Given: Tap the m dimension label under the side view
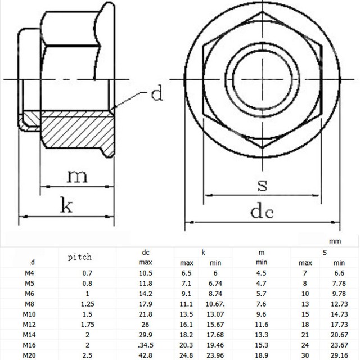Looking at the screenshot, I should click(x=77, y=176).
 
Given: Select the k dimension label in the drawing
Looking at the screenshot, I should click(x=66, y=205).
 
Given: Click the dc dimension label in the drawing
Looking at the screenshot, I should click(x=262, y=211).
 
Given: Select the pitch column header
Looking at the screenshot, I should click(x=80, y=257).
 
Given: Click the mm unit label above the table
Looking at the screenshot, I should click(x=336, y=241).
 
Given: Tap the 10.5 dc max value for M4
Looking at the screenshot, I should click(x=146, y=273).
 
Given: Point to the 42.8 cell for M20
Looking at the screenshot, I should click(x=146, y=355).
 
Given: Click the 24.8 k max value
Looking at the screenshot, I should click(x=187, y=355).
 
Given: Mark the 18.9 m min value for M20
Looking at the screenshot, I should click(x=262, y=355).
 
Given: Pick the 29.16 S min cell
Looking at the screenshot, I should click(x=339, y=355).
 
